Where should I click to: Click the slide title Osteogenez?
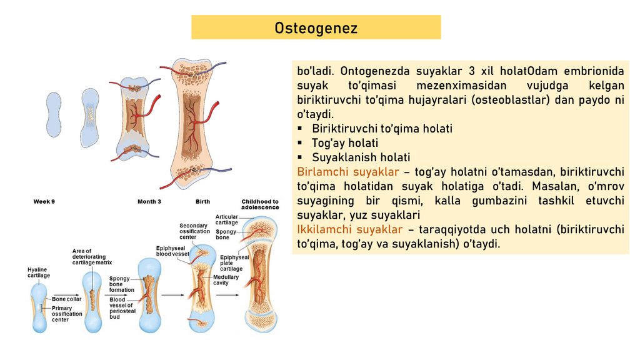pos(316,28)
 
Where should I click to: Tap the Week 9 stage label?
pos(44,202)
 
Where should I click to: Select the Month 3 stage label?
pos(149,202)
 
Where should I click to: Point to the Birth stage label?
pos(202,202)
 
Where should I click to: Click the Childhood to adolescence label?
pos(260,204)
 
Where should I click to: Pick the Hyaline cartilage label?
pos(39,272)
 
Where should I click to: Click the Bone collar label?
pos(67,299)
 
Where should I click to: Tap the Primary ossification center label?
pos(67,314)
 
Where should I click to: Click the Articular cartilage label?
pos(227,219)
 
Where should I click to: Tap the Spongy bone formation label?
pos(121,284)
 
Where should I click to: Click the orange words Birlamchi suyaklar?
pos(347,172)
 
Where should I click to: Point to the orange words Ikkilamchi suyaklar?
pos(349,229)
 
